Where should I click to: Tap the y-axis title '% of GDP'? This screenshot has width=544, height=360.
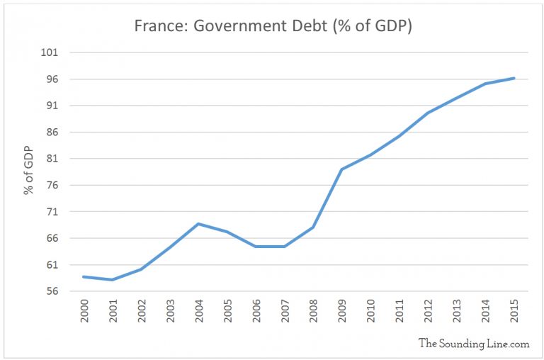click(29, 172)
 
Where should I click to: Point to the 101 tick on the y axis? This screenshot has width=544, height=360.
click(58, 52)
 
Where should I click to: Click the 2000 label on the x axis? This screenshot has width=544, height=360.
click(85, 313)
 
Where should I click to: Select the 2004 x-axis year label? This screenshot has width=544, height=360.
click(199, 313)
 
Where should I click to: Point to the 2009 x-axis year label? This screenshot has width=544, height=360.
click(342, 313)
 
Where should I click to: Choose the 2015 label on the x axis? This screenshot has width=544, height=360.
click(514, 313)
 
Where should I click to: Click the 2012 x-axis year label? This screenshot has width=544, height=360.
click(428, 313)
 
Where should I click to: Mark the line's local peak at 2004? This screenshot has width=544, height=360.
click(198, 224)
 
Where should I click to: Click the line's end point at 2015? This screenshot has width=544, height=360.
click(514, 78)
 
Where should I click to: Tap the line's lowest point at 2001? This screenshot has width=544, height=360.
click(112, 280)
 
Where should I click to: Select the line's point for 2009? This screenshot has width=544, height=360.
click(341, 169)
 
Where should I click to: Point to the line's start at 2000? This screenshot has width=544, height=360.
click(84, 276)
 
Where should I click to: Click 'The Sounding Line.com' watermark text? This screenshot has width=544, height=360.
click(474, 343)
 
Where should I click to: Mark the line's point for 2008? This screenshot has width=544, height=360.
click(313, 227)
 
